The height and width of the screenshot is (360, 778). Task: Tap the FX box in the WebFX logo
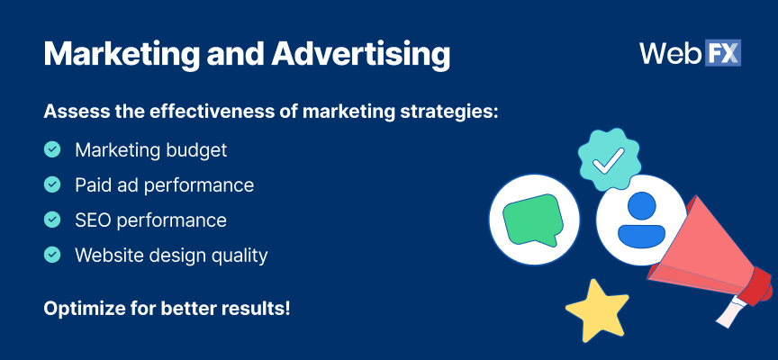[x=722, y=52]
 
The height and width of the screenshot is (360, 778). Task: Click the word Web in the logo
[x=670, y=52]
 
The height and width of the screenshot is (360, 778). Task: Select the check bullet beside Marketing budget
[x=52, y=149]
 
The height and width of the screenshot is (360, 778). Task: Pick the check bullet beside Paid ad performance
[x=52, y=184]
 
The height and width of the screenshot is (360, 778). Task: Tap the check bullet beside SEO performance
[x=52, y=220]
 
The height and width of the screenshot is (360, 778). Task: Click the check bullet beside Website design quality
[x=52, y=255]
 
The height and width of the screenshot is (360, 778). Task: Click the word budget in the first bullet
[x=195, y=149]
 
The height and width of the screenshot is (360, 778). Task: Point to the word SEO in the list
[x=94, y=220]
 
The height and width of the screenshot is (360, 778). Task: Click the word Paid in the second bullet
[x=93, y=184]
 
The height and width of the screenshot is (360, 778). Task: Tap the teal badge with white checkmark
[x=608, y=159]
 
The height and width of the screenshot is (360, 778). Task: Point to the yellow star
[x=597, y=309]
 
